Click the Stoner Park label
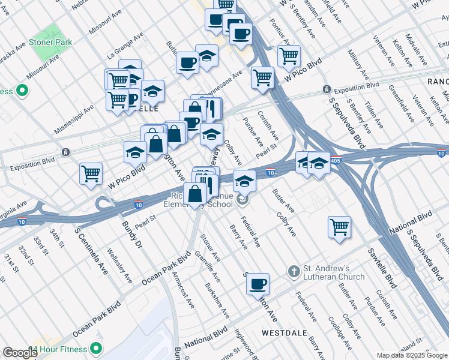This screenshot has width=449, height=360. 53,42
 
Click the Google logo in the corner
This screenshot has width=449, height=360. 19,353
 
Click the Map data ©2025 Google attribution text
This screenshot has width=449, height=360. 411,355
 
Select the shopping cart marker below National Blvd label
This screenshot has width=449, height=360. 339,227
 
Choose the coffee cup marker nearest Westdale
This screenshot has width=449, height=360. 258,284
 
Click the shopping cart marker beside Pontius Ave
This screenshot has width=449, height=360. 289,56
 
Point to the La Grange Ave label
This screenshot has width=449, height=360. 125,45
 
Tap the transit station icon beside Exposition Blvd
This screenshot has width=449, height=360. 327,89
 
